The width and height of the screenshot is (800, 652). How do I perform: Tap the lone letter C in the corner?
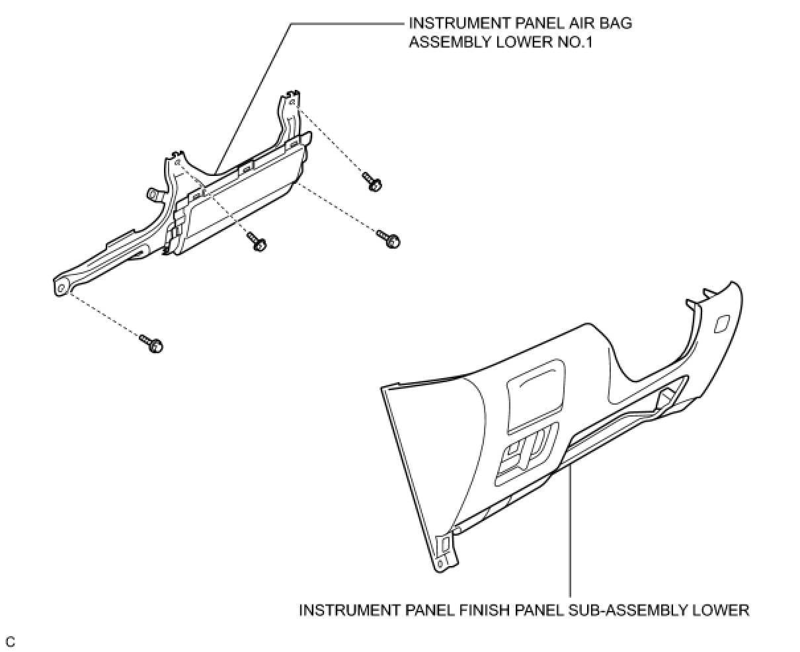click(x=10, y=641)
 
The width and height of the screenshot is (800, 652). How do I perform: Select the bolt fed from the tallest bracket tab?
click(x=372, y=181)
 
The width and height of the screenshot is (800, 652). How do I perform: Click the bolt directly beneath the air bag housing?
click(x=257, y=242)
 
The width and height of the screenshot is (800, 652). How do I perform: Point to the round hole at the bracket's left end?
click(x=61, y=286)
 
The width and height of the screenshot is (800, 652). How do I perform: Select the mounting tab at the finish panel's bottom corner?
click(x=445, y=546)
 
